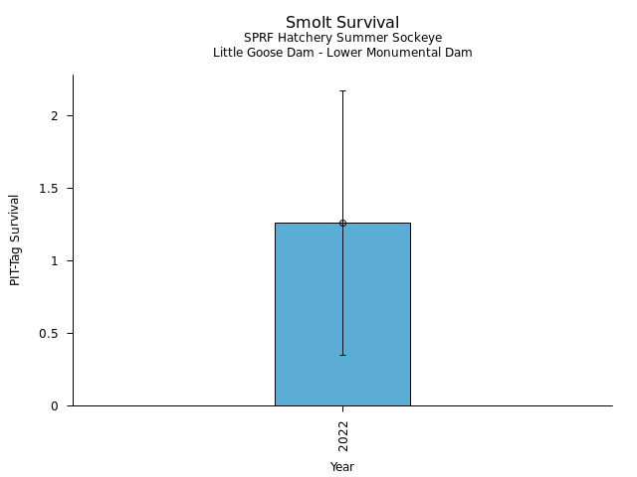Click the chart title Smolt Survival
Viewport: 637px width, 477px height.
click(342, 23)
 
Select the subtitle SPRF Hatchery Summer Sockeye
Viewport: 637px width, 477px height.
click(342, 38)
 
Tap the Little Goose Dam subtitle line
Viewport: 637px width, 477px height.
click(342, 53)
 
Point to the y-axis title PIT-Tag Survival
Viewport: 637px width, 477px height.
click(15, 239)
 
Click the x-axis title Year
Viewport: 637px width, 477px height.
click(342, 466)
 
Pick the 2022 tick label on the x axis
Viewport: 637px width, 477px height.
click(342, 435)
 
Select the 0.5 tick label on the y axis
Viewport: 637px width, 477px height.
click(50, 333)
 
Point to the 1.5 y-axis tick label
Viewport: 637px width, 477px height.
click(50, 188)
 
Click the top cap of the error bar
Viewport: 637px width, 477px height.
click(342, 91)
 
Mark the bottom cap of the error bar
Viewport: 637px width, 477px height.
click(342, 355)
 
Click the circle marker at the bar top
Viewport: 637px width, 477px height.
click(342, 223)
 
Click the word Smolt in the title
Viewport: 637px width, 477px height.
click(306, 23)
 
